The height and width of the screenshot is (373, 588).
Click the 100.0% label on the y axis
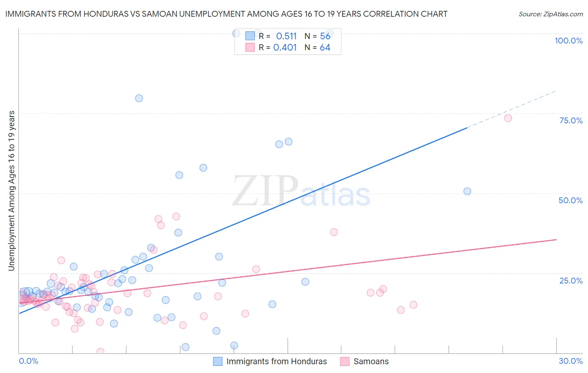[x=568, y=41]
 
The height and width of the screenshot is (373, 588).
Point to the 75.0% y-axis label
[x=571, y=120]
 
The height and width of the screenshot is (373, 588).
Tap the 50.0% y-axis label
[x=570, y=200]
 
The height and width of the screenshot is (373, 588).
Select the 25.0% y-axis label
[x=571, y=280]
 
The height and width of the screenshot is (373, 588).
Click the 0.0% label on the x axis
[x=28, y=361]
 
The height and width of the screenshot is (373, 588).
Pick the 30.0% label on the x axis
[x=570, y=361]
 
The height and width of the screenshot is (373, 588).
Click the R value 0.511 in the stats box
[x=286, y=36]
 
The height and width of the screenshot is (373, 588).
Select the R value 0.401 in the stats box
[x=285, y=48]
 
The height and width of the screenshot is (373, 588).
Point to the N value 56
[x=325, y=36]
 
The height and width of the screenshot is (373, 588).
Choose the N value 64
[x=325, y=48]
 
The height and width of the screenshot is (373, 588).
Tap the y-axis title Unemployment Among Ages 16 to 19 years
[x=12, y=191]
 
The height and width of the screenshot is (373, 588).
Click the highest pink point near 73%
[x=508, y=118]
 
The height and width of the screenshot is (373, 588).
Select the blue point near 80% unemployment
[x=139, y=98]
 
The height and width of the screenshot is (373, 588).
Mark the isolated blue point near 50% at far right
[x=467, y=191]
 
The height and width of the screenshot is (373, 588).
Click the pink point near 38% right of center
[x=334, y=232]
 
